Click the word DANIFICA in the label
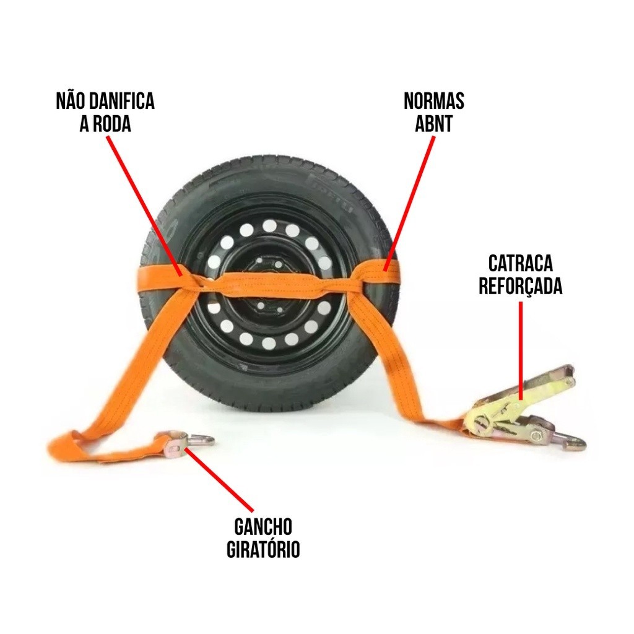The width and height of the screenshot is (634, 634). pyautogui.click(x=123, y=102)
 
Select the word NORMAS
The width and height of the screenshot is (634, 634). pyautogui.click(x=433, y=102)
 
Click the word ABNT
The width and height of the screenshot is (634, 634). pyautogui.click(x=433, y=124)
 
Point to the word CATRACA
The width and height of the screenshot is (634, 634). pyautogui.click(x=521, y=264)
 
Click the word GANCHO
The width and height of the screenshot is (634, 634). pyautogui.click(x=263, y=528)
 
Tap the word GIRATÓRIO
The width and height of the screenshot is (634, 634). pyautogui.click(x=263, y=550)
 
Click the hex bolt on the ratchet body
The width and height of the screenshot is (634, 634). pyautogui.click(x=537, y=436)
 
